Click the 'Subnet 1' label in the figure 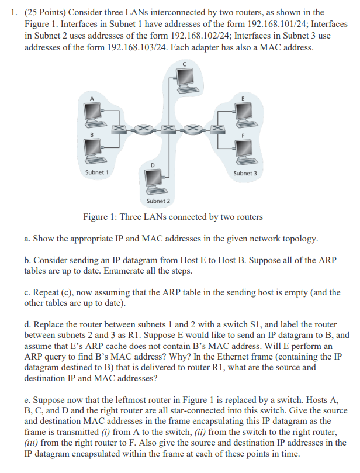click(96, 172)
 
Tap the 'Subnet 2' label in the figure click(158, 201)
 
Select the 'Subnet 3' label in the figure click(245, 173)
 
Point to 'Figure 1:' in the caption click(101, 217)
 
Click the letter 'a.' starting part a click(27, 239)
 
